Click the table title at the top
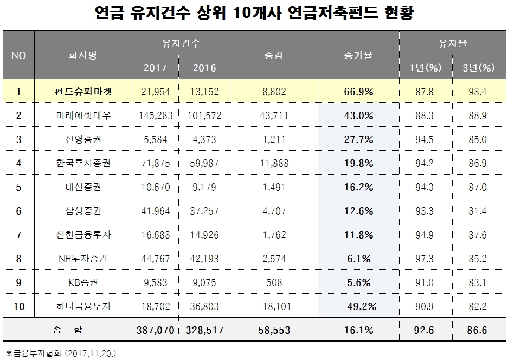(x=254, y=13)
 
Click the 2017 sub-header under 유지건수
(x=155, y=68)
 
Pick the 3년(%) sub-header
(x=480, y=68)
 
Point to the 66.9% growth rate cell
(x=358, y=92)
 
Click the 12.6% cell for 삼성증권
(x=358, y=210)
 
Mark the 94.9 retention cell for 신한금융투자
(x=426, y=234)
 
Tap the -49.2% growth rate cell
(x=358, y=306)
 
